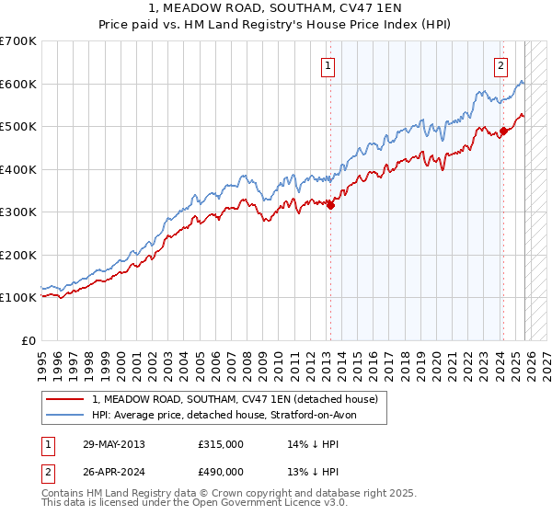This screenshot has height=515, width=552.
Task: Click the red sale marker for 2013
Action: (x=330, y=206)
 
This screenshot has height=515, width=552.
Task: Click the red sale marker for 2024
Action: (x=503, y=132)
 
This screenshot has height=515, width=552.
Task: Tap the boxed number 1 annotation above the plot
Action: (x=328, y=65)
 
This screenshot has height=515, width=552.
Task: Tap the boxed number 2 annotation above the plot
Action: (x=500, y=65)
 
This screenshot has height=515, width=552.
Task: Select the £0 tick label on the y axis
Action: (x=29, y=340)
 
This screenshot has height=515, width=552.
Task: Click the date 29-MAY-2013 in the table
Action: (x=113, y=444)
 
